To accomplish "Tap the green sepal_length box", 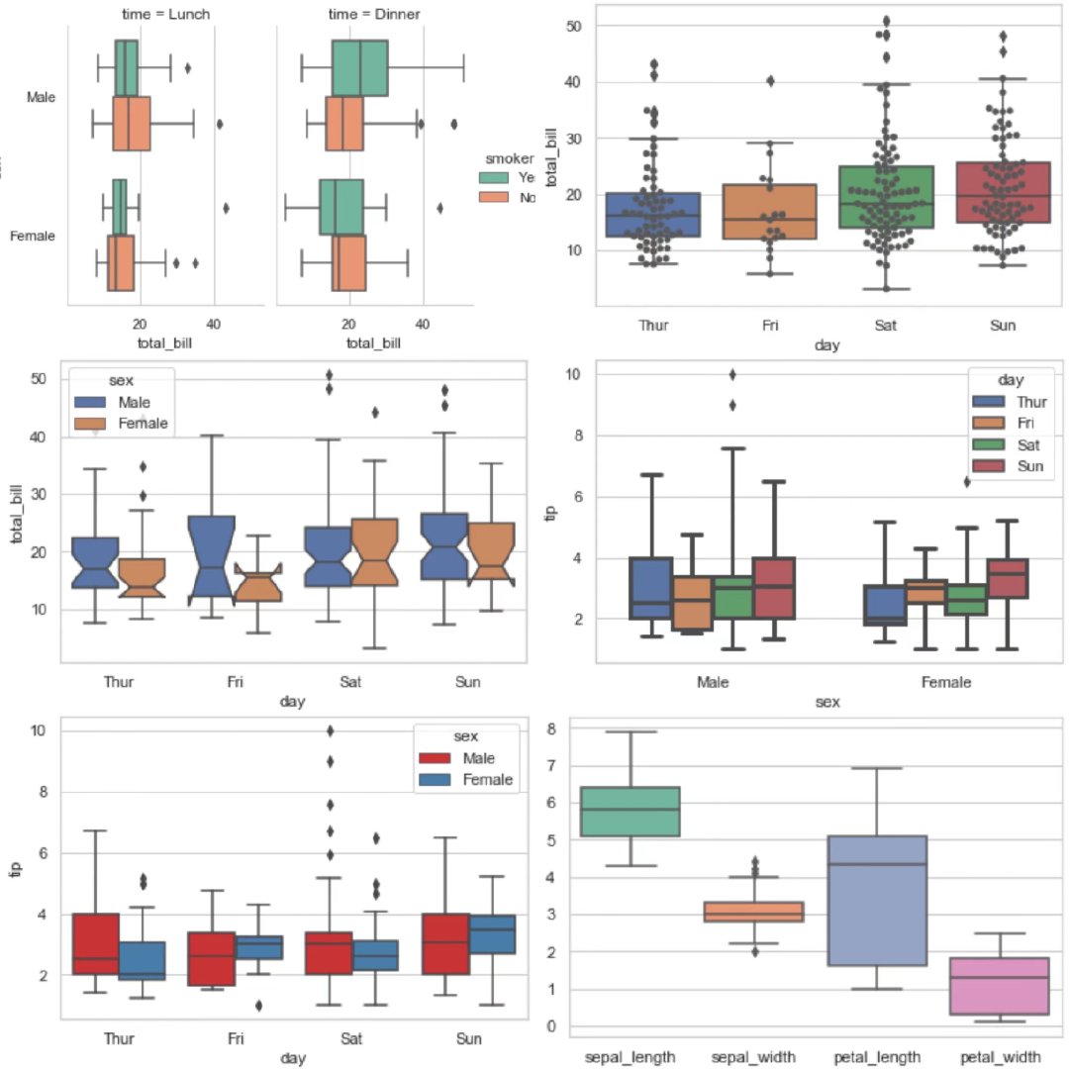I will point(631,812).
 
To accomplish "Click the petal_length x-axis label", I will point(885,1056).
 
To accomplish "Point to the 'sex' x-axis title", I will point(827,702).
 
